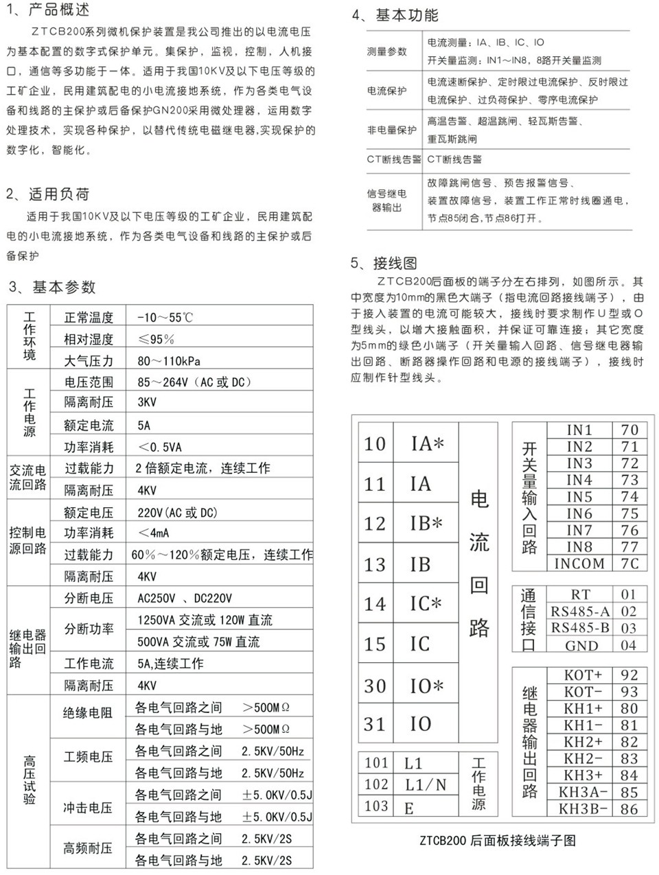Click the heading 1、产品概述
[48, 10]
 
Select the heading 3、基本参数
[52, 287]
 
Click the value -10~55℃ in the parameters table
[165, 318]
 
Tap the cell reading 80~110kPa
[169, 361]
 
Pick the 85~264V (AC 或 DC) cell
[194, 382]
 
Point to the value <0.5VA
[160, 447]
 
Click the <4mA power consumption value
[154, 533]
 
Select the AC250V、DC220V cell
[185, 598]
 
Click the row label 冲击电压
[88, 808]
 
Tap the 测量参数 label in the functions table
[387, 51]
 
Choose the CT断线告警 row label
[393, 159]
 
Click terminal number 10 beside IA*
[375, 444]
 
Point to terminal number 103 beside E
[376, 806]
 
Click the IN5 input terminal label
[579, 496]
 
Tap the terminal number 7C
[629, 563]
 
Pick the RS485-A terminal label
[580, 611]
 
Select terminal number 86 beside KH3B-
[629, 808]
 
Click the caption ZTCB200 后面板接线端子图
[497, 840]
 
